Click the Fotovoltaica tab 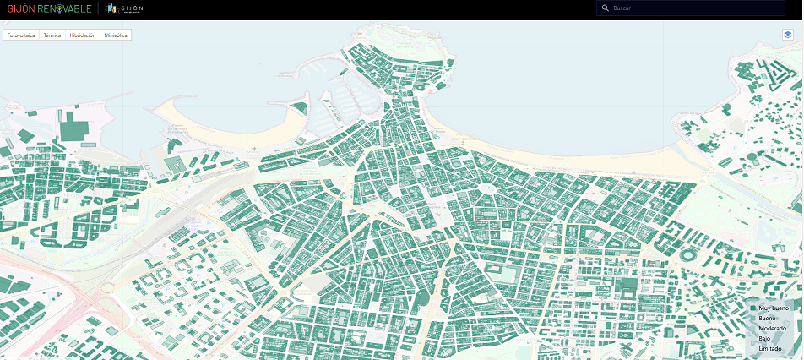(x=21, y=35)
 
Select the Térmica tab (x=52, y=35)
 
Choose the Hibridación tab (x=83, y=35)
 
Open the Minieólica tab (x=115, y=35)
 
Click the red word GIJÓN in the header (x=20, y=8)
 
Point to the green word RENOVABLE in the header (x=64, y=8)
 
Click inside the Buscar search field (x=693, y=8)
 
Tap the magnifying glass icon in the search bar (x=605, y=8)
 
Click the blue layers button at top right (x=787, y=35)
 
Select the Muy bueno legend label (x=774, y=308)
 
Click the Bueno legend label (x=768, y=319)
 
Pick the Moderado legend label (x=772, y=328)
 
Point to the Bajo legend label (x=764, y=338)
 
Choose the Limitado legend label (x=770, y=348)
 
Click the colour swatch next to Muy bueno (x=753, y=308)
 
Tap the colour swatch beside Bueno (x=753, y=319)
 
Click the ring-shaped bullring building (x=686, y=254)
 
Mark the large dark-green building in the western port (x=74, y=129)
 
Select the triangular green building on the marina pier (x=297, y=107)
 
